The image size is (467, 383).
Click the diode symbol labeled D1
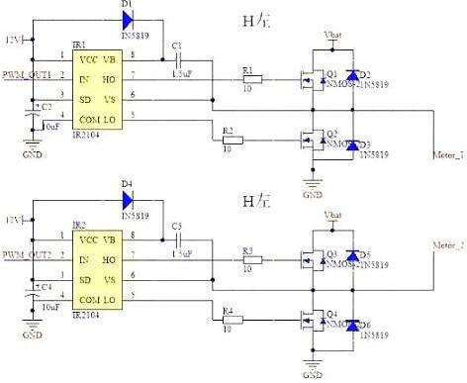[x=127, y=18]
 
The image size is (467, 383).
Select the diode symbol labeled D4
[x=127, y=198]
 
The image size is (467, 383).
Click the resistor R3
[x=251, y=259]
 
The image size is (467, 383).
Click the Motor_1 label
[x=448, y=155]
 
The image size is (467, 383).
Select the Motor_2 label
[x=448, y=241]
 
